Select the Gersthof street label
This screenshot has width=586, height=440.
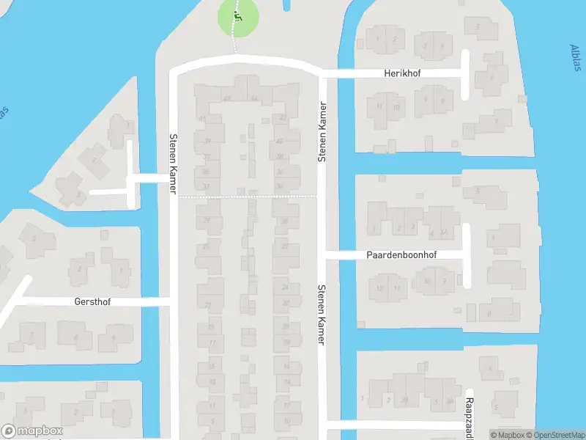pos(92,301)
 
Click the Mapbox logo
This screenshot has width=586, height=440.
pos(31,431)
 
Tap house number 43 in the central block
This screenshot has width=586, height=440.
pos(227,98)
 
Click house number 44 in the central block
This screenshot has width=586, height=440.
pos(254,98)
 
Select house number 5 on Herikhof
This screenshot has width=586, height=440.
pos(491,77)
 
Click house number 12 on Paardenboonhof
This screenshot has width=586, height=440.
pos(379,288)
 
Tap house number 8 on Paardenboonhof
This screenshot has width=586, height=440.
pos(488,314)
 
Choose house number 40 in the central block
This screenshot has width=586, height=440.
pos(279,142)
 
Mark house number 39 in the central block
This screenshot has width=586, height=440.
pos(208,142)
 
